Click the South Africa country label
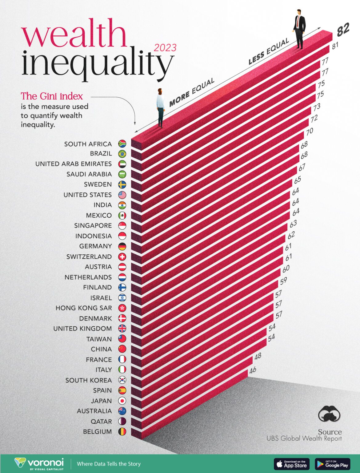click(x=88, y=144)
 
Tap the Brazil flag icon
click(x=122, y=154)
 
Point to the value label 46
click(x=253, y=370)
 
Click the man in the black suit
click(x=299, y=29)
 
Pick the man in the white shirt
click(x=160, y=108)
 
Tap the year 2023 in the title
click(x=165, y=48)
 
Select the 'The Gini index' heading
click(x=52, y=96)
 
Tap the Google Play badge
click(x=333, y=464)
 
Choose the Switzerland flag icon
click(x=122, y=257)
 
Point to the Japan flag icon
click(x=122, y=401)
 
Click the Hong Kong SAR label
click(x=84, y=308)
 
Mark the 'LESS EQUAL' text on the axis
click(x=269, y=51)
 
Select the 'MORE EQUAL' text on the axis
click(x=192, y=92)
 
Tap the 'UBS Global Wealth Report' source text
click(x=304, y=438)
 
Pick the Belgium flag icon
click(x=122, y=432)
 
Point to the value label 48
click(x=258, y=356)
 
